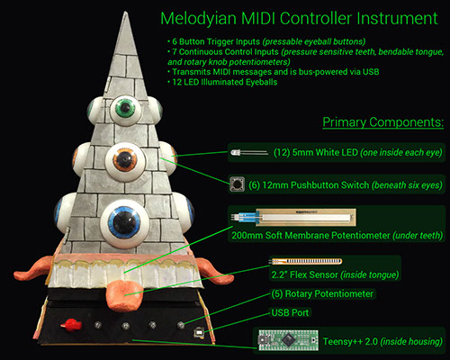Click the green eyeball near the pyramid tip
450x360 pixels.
pyautogui.click(x=126, y=111)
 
